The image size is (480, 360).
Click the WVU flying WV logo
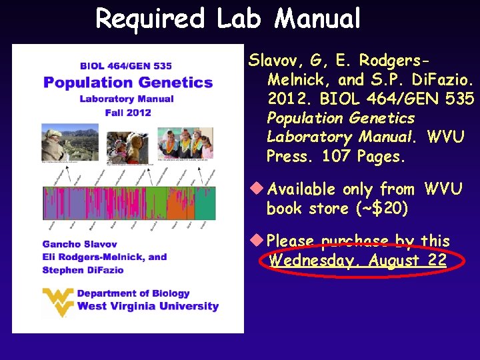coord(57,301)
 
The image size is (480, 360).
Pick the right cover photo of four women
coord(185,143)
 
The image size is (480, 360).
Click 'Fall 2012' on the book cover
coord(128,113)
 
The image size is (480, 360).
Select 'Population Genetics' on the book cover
coord(128,83)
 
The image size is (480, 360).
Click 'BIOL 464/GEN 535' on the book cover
coord(127,66)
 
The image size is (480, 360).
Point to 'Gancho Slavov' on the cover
coord(80,244)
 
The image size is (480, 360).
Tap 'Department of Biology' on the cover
coord(133,293)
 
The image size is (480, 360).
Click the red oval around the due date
coord(357,260)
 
